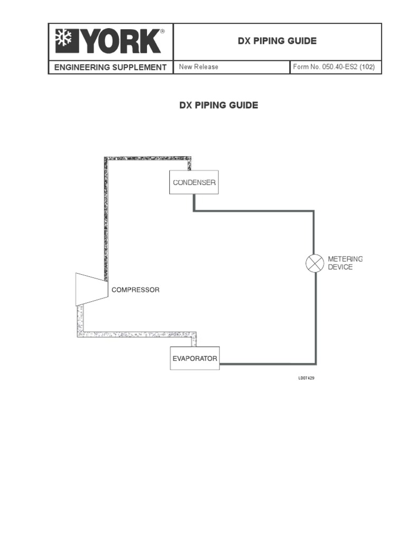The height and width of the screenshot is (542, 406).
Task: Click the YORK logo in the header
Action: pos(110,41)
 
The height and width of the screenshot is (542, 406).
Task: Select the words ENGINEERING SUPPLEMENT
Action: pos(108,67)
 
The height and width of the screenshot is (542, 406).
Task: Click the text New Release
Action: pos(198,67)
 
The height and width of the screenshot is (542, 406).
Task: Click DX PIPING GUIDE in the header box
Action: pos(277,41)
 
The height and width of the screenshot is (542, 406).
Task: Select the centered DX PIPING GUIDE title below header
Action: pos(219,105)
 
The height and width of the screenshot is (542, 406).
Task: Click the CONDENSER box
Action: pos(193,182)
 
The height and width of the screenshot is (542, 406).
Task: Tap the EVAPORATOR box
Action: pos(195,358)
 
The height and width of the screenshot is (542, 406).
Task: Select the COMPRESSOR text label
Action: pos(135,290)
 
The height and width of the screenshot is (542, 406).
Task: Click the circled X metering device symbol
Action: pos(315,263)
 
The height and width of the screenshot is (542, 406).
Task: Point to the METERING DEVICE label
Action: pos(345,263)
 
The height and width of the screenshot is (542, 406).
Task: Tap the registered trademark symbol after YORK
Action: pos(162,32)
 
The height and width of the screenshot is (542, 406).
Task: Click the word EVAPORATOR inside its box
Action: pos(195,358)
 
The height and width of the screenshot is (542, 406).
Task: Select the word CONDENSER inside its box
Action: pos(194,183)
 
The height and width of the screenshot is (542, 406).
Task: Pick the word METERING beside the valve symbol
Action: pos(345,259)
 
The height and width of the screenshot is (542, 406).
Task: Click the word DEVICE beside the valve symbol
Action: pos(340,267)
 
